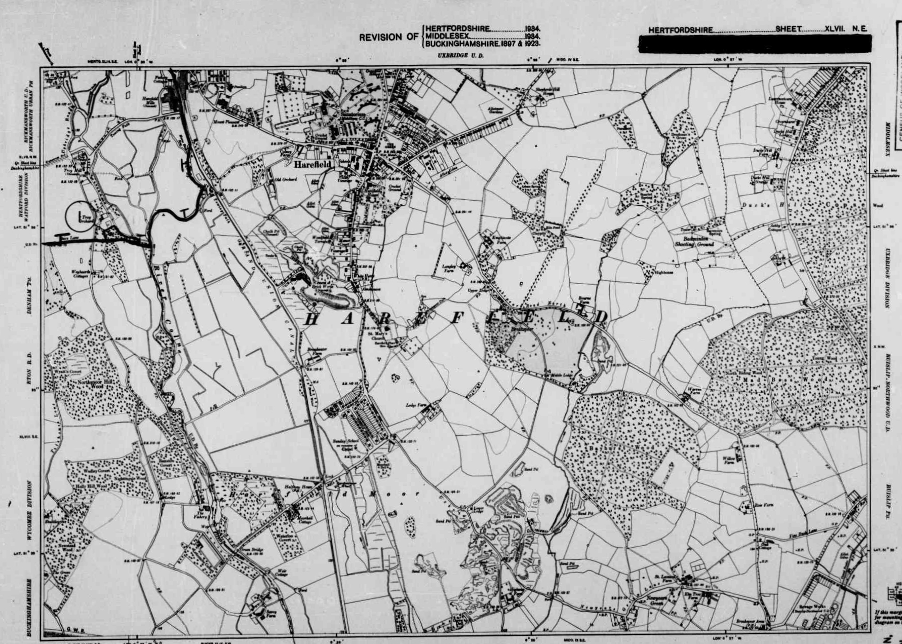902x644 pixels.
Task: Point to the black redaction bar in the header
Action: click(x=755, y=44)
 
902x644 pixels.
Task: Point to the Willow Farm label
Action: click(x=728, y=460)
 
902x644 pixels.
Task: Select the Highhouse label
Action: click(x=663, y=272)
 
